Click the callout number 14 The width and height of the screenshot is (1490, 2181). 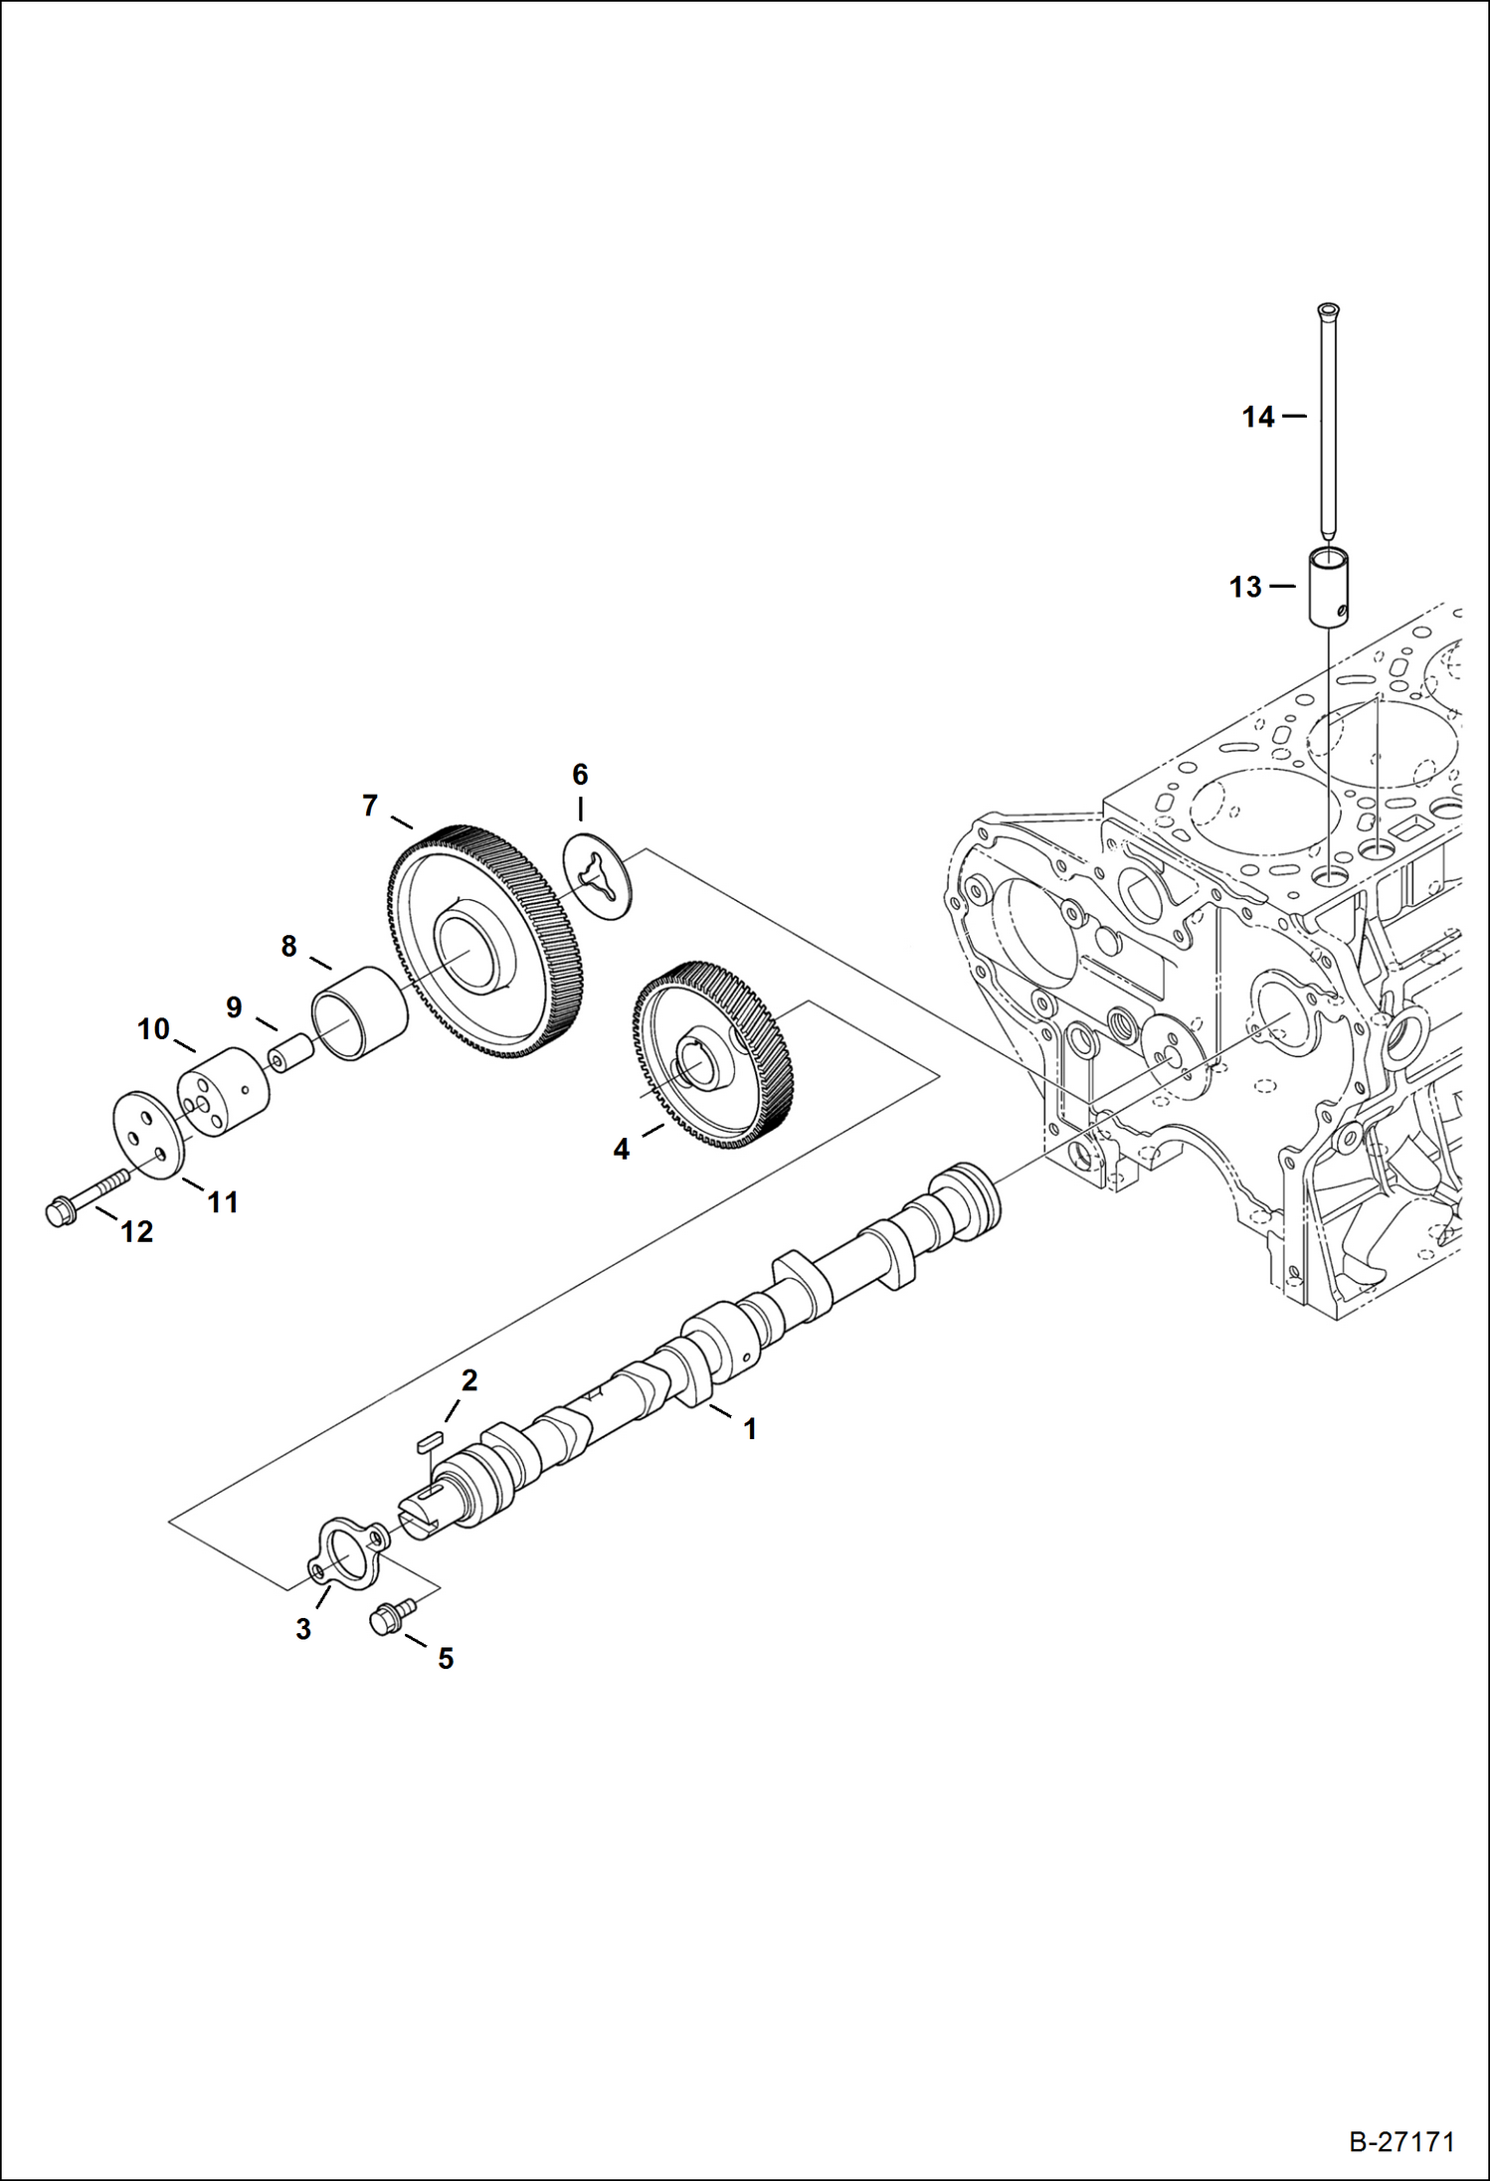click(x=1258, y=417)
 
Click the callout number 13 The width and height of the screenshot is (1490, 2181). click(x=1245, y=588)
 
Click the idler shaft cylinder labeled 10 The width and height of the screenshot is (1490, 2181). click(x=225, y=1091)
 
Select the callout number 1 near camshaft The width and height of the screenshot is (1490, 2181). click(x=750, y=1429)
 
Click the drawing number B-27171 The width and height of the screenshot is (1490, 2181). click(x=1401, y=2142)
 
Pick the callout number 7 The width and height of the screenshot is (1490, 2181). click(x=370, y=806)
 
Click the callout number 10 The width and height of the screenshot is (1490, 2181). click(x=153, y=1029)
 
